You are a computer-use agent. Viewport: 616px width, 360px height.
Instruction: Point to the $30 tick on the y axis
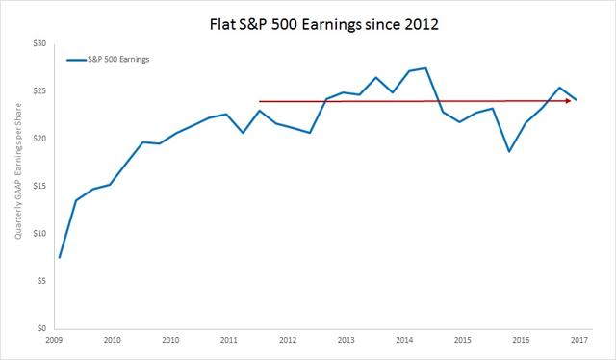coord(38,44)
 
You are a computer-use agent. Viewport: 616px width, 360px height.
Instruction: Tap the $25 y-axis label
coord(38,91)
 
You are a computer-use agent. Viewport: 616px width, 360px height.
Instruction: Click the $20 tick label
coord(38,139)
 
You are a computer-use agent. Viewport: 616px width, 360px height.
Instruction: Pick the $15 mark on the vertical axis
coord(38,186)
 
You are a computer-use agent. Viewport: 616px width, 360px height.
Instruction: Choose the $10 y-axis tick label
coord(38,233)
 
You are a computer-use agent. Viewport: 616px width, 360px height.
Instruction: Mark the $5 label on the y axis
coord(39,281)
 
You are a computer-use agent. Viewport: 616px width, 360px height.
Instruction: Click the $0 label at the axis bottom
coord(39,328)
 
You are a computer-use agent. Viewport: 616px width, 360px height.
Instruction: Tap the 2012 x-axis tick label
coord(287,341)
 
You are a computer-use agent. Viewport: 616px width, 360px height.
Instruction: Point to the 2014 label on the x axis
coord(404,341)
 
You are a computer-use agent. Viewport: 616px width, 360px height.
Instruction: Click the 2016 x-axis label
coord(521,341)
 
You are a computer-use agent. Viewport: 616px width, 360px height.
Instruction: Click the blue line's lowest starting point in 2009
coord(60,257)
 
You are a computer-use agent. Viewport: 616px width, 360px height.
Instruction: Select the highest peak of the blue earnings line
coord(425,68)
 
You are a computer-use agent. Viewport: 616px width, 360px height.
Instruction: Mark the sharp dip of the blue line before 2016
coord(508,151)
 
